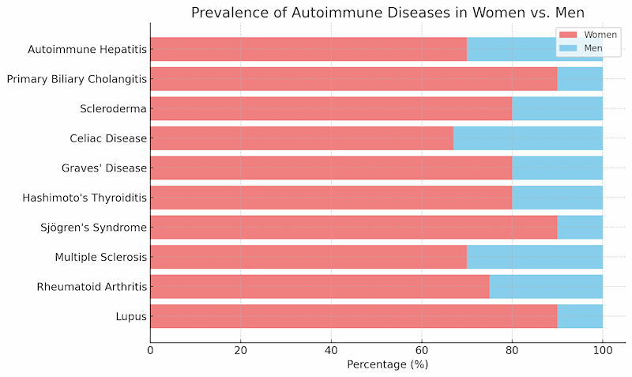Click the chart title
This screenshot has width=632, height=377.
(388, 13)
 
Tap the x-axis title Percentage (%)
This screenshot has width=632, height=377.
(387, 364)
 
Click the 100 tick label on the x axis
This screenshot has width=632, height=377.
(602, 349)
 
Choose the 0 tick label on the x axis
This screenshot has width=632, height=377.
(150, 349)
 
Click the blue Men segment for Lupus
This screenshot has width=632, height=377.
(580, 316)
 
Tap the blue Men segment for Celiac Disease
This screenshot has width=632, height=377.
(528, 138)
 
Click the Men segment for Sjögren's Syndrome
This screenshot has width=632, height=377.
(580, 228)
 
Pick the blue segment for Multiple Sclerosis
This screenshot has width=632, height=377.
(535, 257)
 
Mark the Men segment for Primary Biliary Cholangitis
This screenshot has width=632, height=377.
(580, 79)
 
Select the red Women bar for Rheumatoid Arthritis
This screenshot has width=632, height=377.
(319, 287)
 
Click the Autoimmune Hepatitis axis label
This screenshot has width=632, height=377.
(87, 50)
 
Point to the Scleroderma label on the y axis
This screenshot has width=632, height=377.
(114, 109)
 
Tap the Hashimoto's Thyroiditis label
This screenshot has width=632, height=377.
(86, 198)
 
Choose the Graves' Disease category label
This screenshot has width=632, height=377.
(104, 168)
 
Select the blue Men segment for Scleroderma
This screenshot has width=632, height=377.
(557, 109)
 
